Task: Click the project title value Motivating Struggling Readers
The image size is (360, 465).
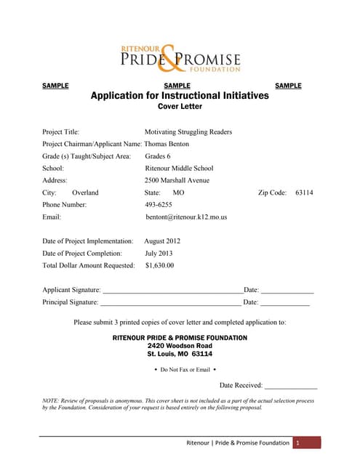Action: pyautogui.click(x=188, y=132)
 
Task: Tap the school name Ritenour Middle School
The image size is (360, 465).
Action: pyautogui.click(x=179, y=168)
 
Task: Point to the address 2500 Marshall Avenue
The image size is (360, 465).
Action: pyautogui.click(x=177, y=180)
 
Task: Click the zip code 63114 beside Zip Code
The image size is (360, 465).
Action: pyautogui.click(x=304, y=193)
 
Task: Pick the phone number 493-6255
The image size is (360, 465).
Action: pyautogui.click(x=159, y=205)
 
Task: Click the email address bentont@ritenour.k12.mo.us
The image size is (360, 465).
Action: pyautogui.click(x=186, y=217)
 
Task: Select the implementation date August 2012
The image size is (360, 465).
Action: pyautogui.click(x=162, y=240)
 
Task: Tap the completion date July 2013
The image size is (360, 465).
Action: pyautogui.click(x=159, y=253)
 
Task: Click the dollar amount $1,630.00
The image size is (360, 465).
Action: pyautogui.click(x=159, y=265)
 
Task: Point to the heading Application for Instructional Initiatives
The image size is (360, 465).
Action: pyautogui.click(x=179, y=96)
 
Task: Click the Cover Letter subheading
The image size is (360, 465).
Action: pyautogui.click(x=179, y=106)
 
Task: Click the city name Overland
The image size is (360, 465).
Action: pyautogui.click(x=85, y=193)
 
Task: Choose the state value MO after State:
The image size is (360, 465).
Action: pyautogui.click(x=178, y=193)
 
